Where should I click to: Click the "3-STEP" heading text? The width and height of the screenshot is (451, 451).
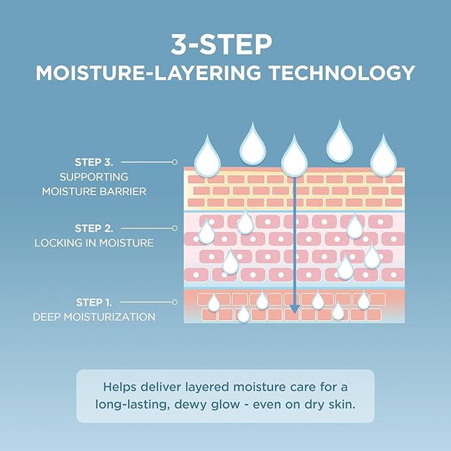point(221,45)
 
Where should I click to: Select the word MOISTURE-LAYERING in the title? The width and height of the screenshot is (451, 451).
point(148,73)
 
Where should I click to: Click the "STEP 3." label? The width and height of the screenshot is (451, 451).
point(94,162)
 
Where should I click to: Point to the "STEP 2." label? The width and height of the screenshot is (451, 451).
point(94,228)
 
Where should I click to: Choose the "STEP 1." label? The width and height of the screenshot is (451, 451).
point(94,302)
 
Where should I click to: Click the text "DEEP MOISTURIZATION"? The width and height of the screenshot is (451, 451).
point(94,317)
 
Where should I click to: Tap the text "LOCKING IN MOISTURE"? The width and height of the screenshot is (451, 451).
point(94,243)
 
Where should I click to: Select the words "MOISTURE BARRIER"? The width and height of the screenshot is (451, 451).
point(94,191)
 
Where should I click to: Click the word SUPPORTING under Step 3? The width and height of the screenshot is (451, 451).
point(94,177)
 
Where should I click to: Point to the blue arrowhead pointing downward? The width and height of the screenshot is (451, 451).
point(294,309)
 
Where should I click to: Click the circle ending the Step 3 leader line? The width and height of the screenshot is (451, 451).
point(175,162)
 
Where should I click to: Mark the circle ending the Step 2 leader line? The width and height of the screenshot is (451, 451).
point(175,228)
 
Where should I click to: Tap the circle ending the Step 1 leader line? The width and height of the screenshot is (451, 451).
point(175,302)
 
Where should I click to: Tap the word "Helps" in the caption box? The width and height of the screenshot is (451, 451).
point(120,387)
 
